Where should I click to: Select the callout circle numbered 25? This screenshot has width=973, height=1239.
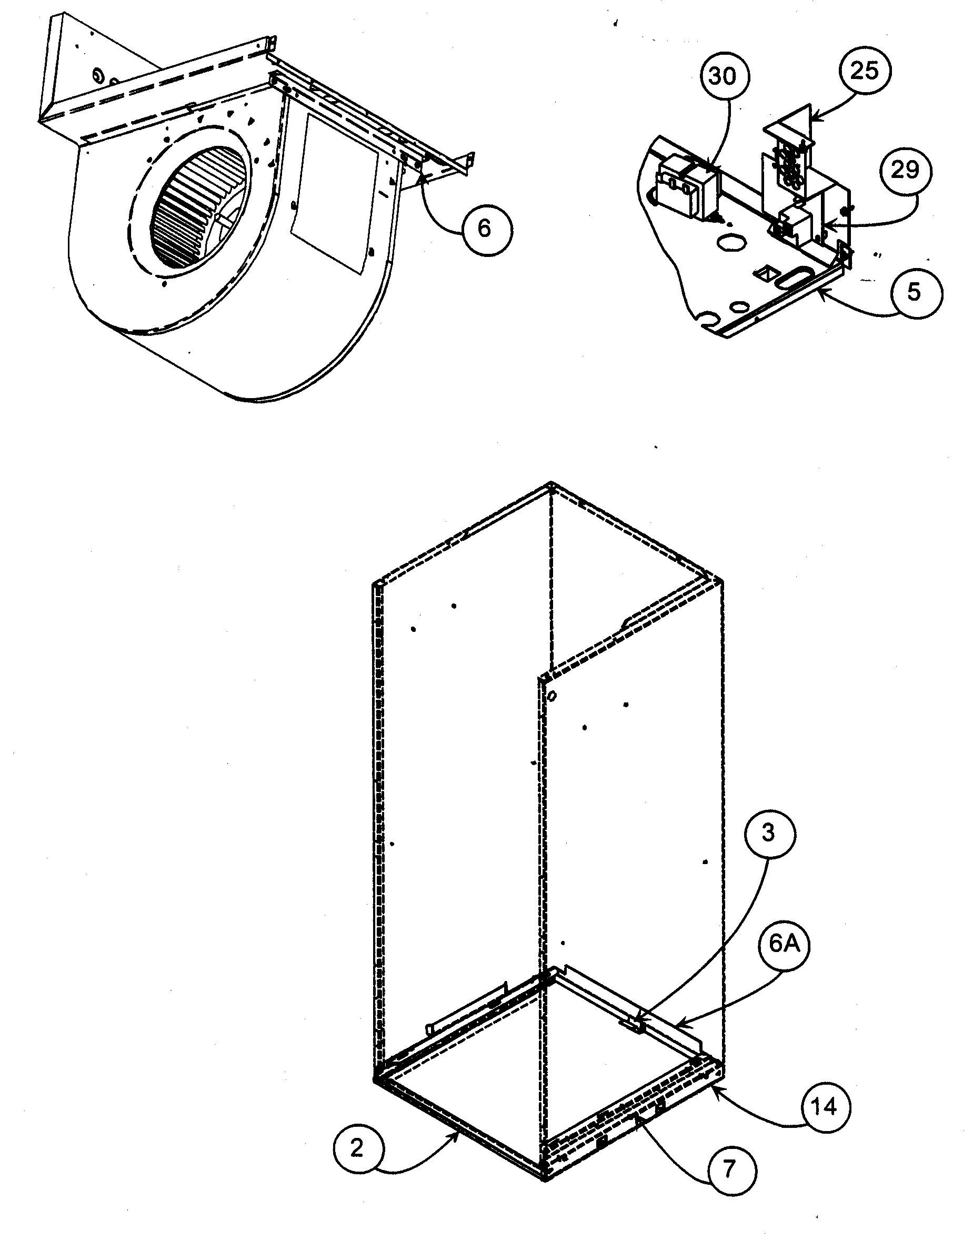pyautogui.click(x=865, y=71)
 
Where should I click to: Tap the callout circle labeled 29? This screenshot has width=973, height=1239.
pyautogui.click(x=906, y=171)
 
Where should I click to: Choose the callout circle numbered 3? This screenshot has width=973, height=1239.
pyautogui.click(x=768, y=834)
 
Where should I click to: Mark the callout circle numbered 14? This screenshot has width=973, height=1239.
pyautogui.click(x=824, y=1107)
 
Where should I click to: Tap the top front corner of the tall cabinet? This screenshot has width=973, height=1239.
pyautogui.click(x=551, y=485)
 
